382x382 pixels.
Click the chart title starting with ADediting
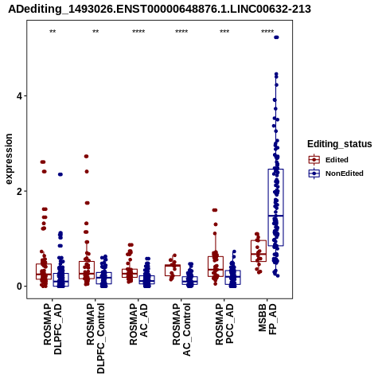pos(159,10)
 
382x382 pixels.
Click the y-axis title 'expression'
pos(9,159)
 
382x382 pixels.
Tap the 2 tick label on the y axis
pos(19,191)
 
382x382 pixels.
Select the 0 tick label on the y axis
pos(19,286)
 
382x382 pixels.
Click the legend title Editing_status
pos(340,144)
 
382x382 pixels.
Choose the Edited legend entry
pos(328,160)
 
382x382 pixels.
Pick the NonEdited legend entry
pos(336,173)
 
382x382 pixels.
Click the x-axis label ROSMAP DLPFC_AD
pos(53,329)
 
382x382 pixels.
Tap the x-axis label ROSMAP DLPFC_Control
pos(95,338)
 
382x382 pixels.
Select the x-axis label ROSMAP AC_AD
pos(138,324)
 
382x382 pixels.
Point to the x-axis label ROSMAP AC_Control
pos(181,329)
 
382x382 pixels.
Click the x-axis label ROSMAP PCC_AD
pos(224,324)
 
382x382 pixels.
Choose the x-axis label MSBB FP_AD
pos(267,319)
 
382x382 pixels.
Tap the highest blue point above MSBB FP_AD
pos(276,37)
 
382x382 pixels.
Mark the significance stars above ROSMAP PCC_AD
pos(224,32)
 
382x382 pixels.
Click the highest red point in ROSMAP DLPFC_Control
pos(86,156)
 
